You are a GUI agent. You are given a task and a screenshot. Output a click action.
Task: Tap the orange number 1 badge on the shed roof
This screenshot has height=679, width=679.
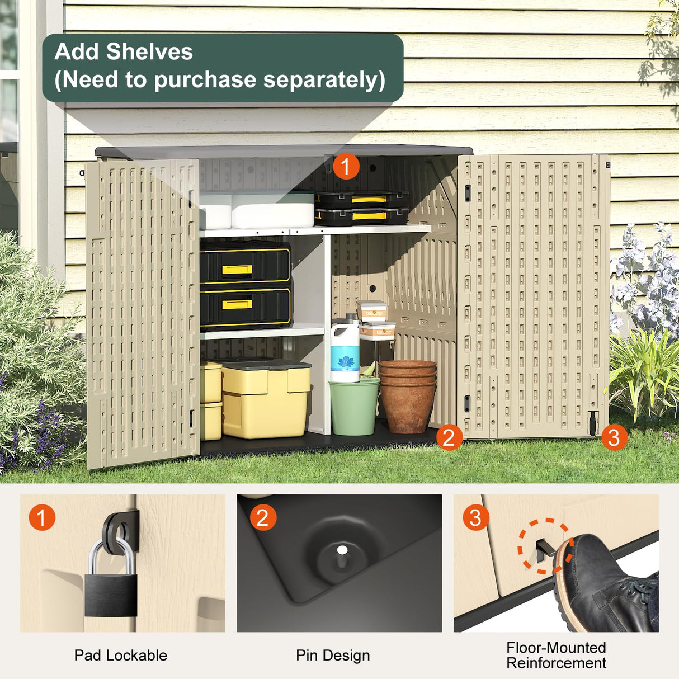point(346,166)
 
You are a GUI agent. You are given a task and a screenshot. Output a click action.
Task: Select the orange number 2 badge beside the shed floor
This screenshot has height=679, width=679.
point(449,437)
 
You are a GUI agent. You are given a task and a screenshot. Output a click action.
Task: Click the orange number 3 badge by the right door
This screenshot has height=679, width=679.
point(614,437)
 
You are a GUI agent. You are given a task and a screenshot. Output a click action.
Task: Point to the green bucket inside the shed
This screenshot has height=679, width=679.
point(354,407)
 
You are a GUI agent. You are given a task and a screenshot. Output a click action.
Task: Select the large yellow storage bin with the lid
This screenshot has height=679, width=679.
point(266,398)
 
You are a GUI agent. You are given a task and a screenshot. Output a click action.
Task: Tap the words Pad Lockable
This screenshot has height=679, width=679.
point(120,655)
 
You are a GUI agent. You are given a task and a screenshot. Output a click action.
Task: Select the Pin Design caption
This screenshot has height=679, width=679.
point(333,655)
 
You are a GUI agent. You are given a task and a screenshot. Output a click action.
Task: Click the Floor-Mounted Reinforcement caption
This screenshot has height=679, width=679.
point(556,655)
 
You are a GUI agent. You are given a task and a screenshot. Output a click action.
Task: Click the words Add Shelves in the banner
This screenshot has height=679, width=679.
point(124,52)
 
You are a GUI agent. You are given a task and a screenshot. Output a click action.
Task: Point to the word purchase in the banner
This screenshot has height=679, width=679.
point(205,80)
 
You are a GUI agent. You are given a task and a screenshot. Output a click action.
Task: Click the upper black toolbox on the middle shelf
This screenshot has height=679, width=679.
point(245,263)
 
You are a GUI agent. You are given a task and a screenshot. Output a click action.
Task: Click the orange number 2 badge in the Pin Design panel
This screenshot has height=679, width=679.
point(262,517)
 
